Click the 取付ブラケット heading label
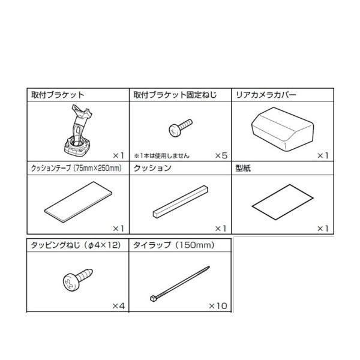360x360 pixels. [x=58, y=95]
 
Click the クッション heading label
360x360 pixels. [x=152, y=169]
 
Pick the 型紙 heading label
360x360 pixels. [x=243, y=169]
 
